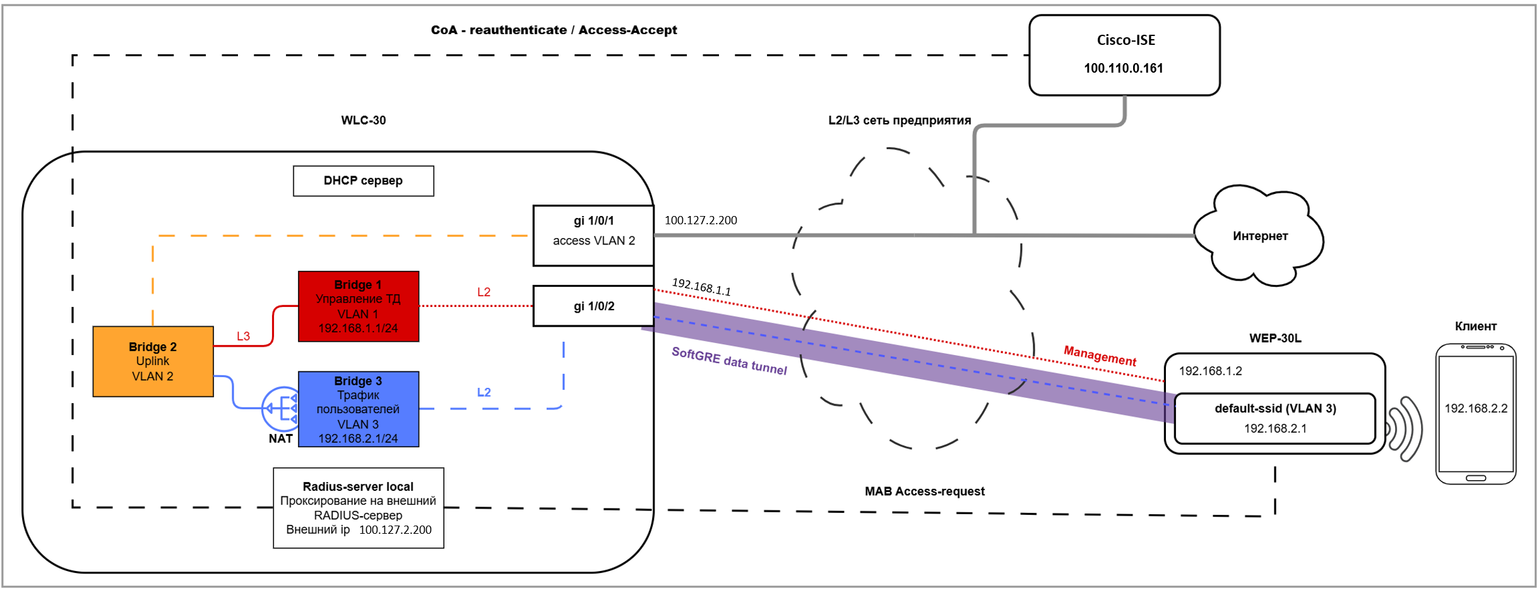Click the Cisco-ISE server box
pos(1124,56)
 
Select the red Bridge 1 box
pos(358,306)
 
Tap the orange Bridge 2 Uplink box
pos(153,361)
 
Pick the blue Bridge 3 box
pos(358,409)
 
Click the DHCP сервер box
pos(363,181)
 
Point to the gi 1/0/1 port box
pos(593,235)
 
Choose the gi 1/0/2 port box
pos(593,306)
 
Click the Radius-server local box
pos(358,508)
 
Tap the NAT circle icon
pos(282,409)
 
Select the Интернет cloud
pos(1259,236)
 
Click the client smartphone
pos(1475,414)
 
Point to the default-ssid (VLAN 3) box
pos(1275,418)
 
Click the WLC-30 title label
pos(363,120)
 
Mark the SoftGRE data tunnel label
pos(729,361)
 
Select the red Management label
pos(1100,356)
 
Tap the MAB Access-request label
pos(924,491)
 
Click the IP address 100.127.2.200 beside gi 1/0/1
pos(701,220)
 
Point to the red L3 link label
pos(243,336)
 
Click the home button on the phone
pos(1475,478)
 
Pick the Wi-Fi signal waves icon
pos(1405,429)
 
